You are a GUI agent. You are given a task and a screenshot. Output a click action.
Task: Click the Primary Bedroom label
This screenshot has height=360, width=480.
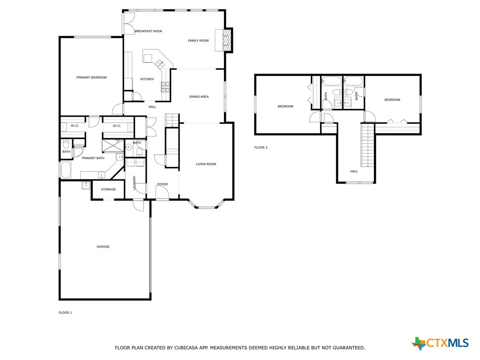91,77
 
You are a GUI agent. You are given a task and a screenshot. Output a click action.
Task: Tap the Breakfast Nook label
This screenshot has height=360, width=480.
148,31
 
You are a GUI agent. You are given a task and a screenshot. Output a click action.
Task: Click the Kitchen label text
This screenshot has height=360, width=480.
147,79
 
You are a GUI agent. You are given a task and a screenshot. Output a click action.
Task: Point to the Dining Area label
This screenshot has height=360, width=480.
199,97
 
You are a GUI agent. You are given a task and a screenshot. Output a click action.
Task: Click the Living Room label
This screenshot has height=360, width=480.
206,164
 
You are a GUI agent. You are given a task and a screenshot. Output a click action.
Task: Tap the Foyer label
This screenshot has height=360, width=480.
162,184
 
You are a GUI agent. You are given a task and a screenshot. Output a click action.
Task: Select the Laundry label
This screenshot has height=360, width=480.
134,182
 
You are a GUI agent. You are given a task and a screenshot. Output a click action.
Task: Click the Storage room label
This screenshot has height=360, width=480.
108,189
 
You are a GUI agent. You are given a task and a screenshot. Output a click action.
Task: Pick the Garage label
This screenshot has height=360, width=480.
103,247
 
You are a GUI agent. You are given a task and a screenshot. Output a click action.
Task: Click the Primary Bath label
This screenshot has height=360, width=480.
93,158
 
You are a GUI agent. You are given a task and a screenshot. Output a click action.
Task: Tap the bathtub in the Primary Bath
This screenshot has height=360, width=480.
66,170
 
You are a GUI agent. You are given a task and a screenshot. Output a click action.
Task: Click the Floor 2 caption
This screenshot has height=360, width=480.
261,148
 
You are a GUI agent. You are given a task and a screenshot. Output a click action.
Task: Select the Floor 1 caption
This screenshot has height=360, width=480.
65,312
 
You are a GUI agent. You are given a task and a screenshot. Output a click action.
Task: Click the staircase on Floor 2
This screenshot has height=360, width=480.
368,145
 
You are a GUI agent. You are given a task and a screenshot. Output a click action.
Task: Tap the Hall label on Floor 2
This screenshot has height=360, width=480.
354,171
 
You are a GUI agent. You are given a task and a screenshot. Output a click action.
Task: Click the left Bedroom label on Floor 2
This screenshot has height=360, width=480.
285,106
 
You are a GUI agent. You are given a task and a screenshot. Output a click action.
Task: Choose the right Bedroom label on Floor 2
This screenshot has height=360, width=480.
392,100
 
